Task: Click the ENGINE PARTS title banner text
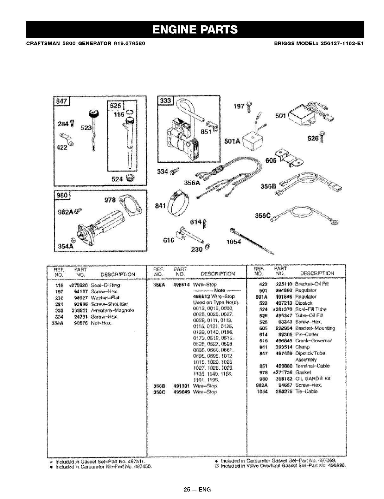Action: pyautogui.click(x=195, y=29)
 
